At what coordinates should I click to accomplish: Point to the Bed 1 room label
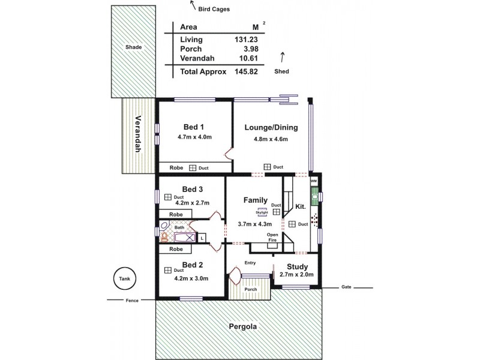(193, 127)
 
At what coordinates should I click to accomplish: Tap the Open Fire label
(272, 237)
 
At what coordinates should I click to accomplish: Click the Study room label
(297, 266)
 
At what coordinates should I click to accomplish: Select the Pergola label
(243, 327)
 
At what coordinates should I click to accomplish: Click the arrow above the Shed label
(281, 57)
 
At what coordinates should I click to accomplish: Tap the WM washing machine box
(313, 181)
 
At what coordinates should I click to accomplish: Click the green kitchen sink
(314, 195)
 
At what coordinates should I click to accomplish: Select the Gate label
(346, 287)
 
